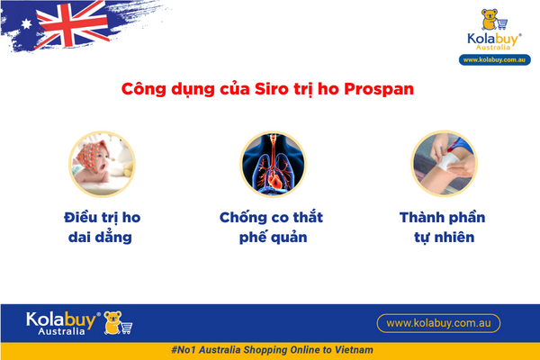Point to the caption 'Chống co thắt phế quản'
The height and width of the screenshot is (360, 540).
270,229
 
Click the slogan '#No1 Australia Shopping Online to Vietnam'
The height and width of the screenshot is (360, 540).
270,349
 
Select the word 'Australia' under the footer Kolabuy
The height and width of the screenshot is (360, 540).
61,331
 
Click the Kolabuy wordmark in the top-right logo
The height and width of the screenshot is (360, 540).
493,40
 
